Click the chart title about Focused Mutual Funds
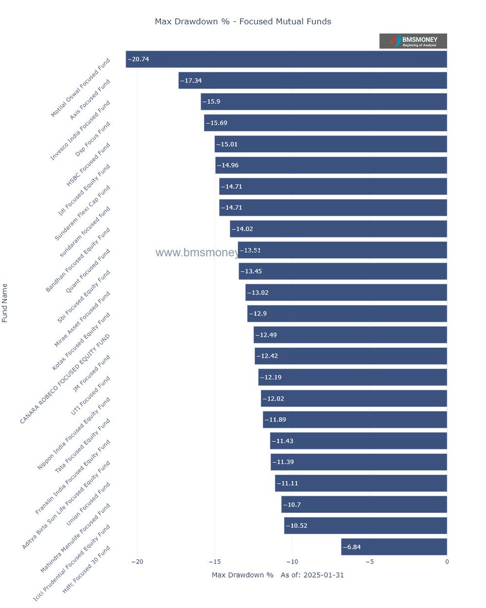pos(242,21)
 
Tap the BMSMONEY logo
pos(413,41)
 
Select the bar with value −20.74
pos(286,59)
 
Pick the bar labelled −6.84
pos(394,547)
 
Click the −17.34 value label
pos(191,81)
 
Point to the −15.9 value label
pos(211,101)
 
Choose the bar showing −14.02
pos(338,229)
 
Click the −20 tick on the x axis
pos(137,562)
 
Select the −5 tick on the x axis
pos(370,562)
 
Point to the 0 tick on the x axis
pos(447,562)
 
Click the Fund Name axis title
pos(5,303)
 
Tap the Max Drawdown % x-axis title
pos(242,575)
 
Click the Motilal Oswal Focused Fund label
pos(80,88)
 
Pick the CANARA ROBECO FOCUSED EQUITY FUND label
pos(65,379)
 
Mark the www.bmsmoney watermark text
pos(197,253)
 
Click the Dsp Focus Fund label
pos(92,139)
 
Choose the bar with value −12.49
pos(350,335)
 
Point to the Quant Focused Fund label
pos(88,271)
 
